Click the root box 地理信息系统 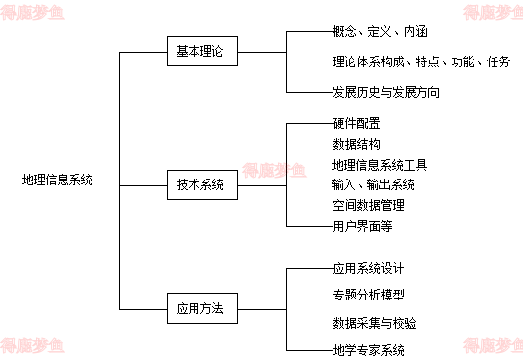tap(59, 180)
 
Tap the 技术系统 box tap(201, 184)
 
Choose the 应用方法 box tap(201, 308)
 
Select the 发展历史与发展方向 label tap(403, 92)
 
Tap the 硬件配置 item tap(369, 123)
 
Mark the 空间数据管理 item tap(374, 205)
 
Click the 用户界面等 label tap(362, 226)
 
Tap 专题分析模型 tap(369, 294)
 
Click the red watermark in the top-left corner tap(32, 13)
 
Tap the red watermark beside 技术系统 tap(275, 171)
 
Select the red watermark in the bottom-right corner tap(492, 345)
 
